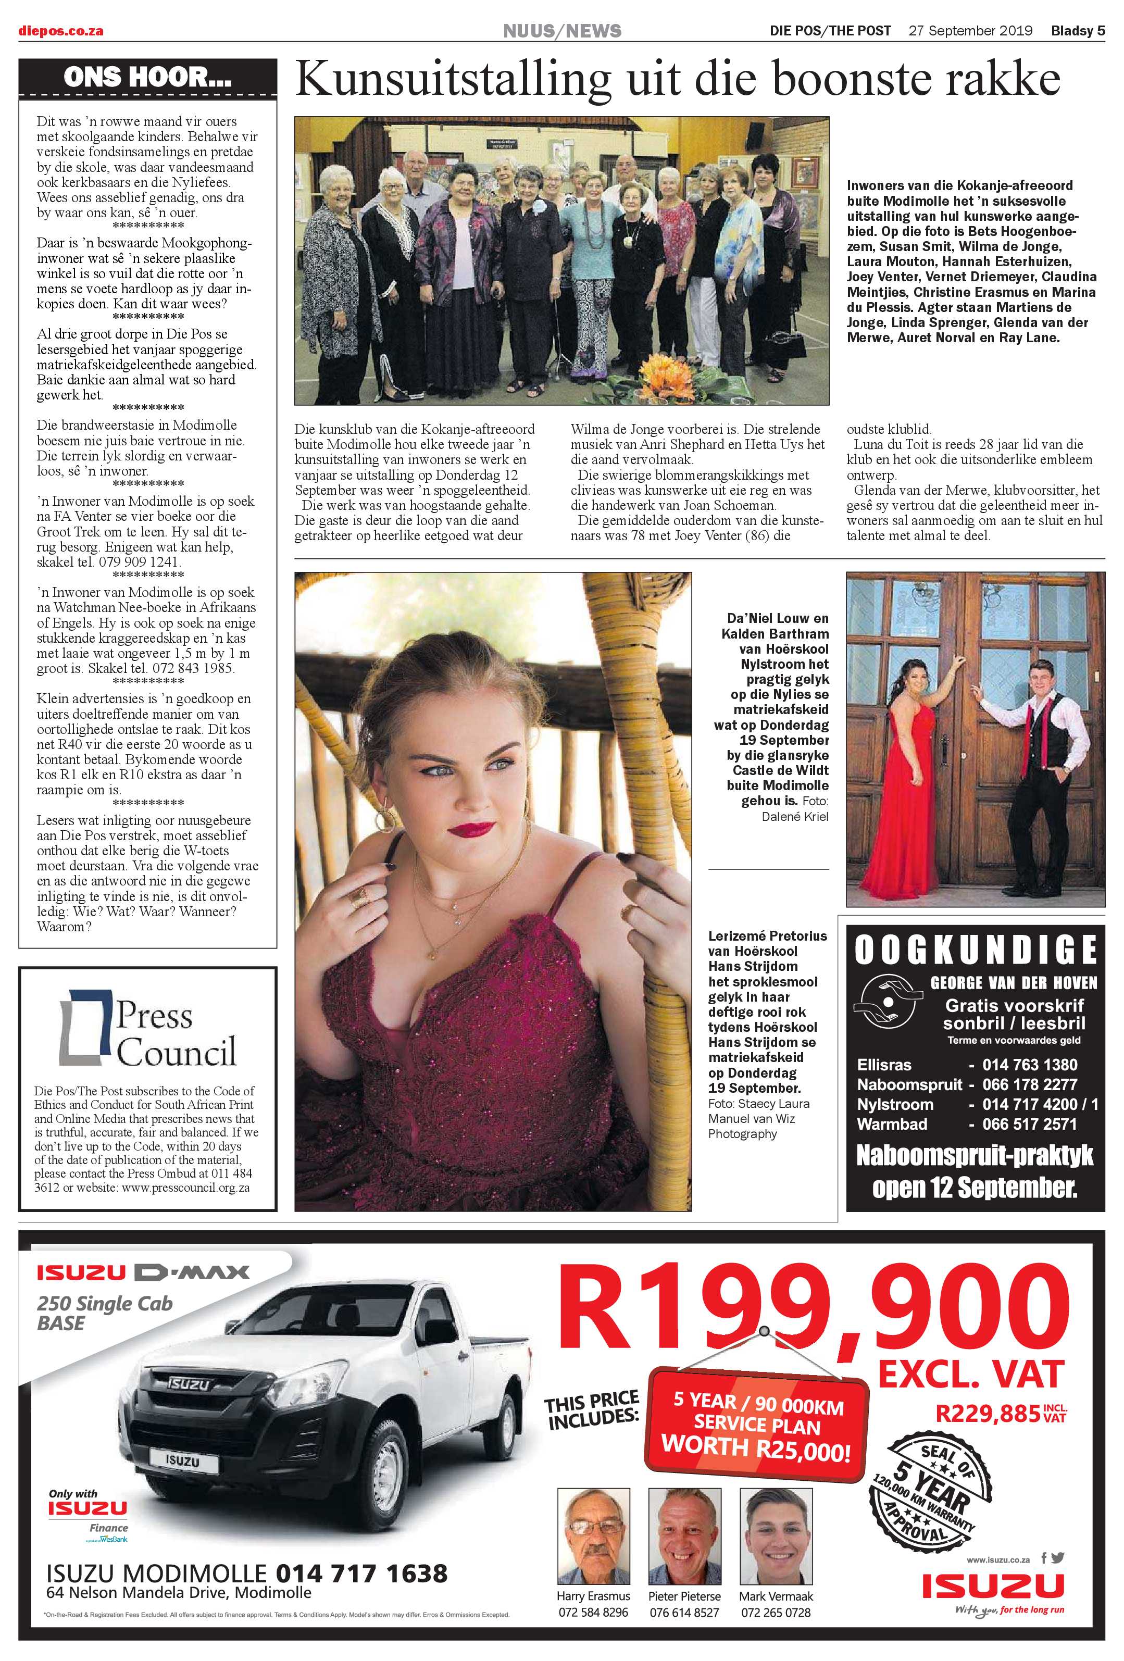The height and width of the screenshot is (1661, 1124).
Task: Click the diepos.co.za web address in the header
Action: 61,31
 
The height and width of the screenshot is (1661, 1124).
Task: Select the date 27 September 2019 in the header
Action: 970,31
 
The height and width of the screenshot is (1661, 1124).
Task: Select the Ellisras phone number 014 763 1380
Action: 1030,1065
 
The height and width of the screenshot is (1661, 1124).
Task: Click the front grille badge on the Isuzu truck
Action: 188,1384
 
